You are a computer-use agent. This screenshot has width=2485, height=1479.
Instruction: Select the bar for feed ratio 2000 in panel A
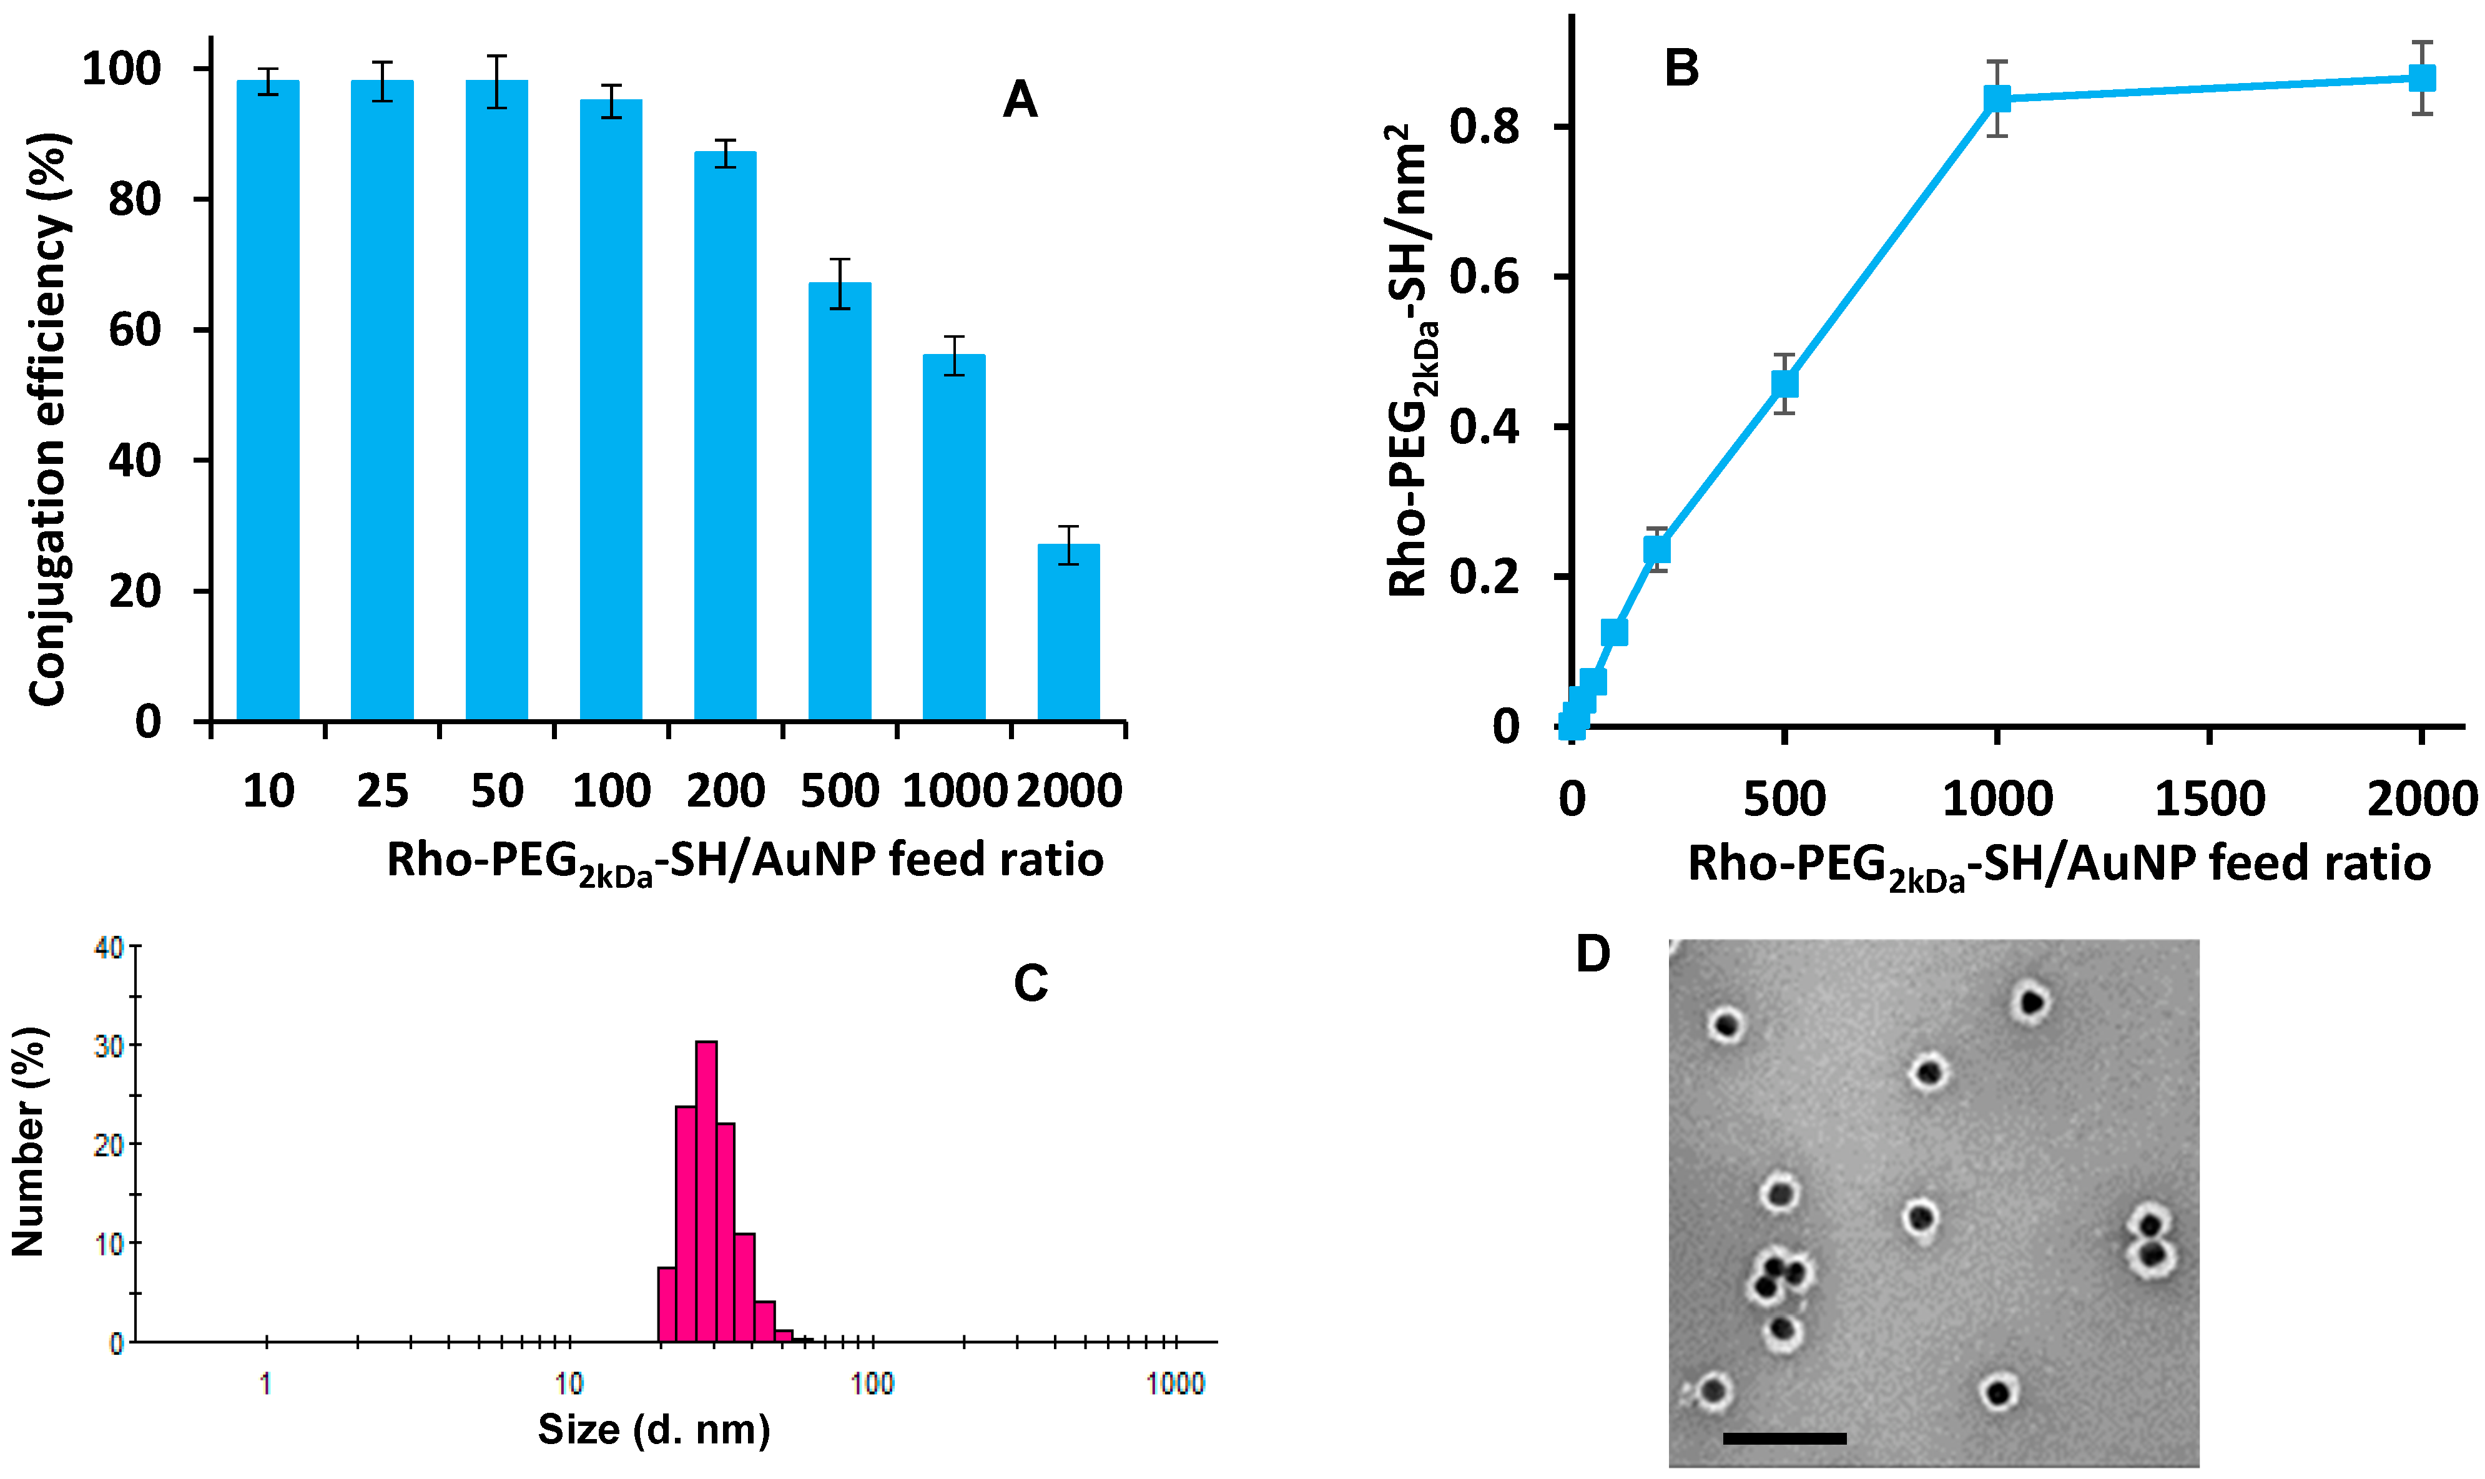[1068, 633]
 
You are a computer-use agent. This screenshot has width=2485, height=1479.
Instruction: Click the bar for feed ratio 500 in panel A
[840, 503]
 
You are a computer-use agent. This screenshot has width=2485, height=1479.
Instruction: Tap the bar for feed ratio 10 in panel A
[268, 399]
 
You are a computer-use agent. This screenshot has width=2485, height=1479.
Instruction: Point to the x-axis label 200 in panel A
[726, 792]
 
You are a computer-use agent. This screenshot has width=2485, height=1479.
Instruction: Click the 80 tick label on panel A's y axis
[134, 199]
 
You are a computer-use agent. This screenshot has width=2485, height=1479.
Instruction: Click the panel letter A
[1020, 101]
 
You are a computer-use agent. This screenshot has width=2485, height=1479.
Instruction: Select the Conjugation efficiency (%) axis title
[48, 418]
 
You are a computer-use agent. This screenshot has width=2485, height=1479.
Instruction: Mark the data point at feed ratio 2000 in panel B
[2422, 78]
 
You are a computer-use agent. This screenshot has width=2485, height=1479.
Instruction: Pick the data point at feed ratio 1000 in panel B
[1997, 97]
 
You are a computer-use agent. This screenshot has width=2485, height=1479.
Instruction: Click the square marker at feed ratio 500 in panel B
[1784, 384]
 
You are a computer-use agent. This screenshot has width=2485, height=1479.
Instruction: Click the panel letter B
[1682, 68]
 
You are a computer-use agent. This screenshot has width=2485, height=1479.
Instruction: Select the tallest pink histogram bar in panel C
[706, 1191]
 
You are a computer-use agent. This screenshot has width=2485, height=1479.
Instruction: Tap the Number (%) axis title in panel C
[30, 1142]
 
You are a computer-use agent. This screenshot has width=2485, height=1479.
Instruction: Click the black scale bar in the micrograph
[1784, 1438]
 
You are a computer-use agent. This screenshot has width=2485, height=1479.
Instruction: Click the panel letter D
[1592, 955]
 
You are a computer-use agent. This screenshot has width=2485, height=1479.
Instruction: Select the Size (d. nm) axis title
[654, 1429]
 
